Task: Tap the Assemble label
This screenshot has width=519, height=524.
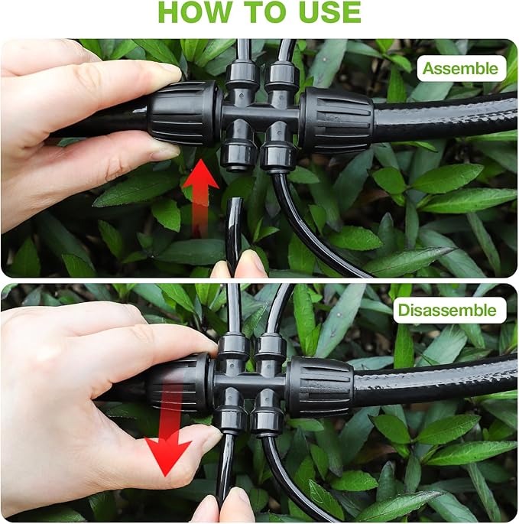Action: coord(461,68)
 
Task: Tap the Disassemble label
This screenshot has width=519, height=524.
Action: coord(449,310)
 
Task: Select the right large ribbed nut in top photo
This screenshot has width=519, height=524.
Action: coord(336,119)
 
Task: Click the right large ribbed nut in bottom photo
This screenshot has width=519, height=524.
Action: coord(319,386)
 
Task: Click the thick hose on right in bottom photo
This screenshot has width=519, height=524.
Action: coord(436,380)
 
